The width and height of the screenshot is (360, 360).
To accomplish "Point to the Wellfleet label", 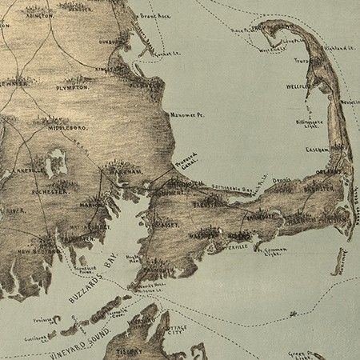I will [298, 84].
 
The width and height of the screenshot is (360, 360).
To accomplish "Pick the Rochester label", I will [46, 192].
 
